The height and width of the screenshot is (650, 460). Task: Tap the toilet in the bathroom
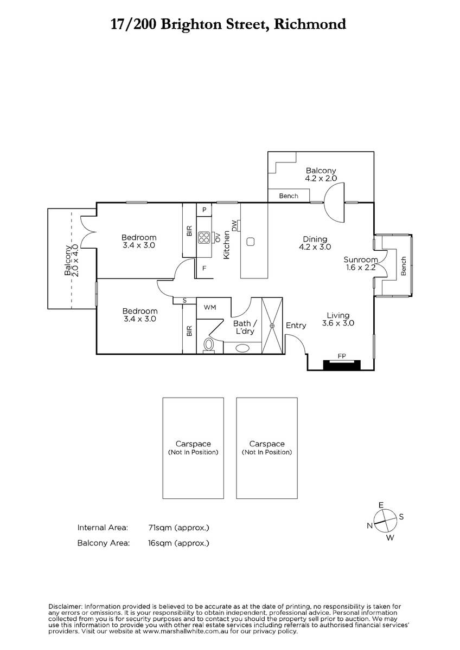tap(209, 344)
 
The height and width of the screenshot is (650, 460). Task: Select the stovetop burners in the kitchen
tap(204, 236)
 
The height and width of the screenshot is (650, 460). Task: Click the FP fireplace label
tap(342, 356)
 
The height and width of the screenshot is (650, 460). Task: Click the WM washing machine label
tap(210, 307)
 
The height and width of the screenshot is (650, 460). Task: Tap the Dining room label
tap(315, 239)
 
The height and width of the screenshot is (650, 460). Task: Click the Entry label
tap(296, 326)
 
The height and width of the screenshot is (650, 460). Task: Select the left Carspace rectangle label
tap(193, 444)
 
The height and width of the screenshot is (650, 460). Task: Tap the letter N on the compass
tap(369, 525)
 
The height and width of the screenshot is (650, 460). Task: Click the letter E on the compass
tap(381, 505)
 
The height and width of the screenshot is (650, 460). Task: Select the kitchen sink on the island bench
tap(250, 242)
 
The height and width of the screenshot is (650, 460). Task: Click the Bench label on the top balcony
tap(288, 196)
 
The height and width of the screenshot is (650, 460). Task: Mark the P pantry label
tap(204, 210)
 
